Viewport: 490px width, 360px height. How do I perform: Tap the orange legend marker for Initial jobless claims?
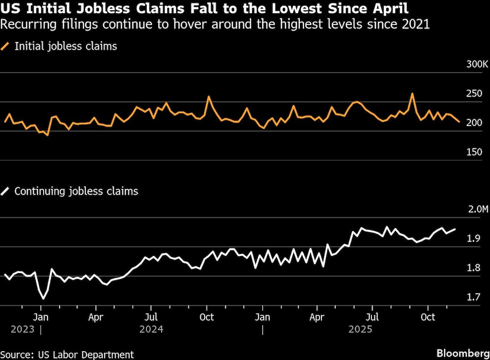pos(5,47)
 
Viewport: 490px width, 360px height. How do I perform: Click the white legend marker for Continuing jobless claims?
pos(5,191)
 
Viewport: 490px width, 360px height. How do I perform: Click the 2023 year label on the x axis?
pos(22,329)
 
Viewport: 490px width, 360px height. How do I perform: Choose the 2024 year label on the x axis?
pos(151,329)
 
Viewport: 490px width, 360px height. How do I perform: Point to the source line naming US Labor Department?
pos(67,354)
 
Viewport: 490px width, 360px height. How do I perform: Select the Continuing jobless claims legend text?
pos(76,191)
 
